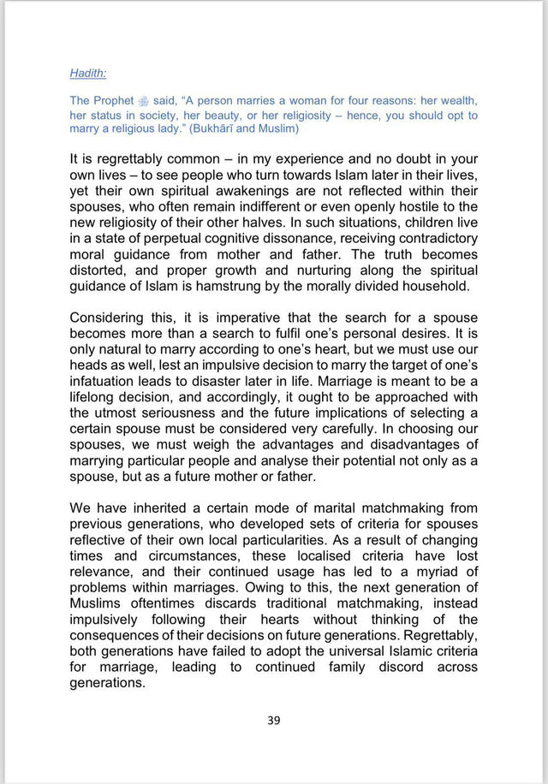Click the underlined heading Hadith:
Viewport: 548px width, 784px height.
tap(88, 74)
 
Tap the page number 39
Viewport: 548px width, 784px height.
tap(273, 720)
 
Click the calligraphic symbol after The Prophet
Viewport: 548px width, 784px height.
tap(130, 101)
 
